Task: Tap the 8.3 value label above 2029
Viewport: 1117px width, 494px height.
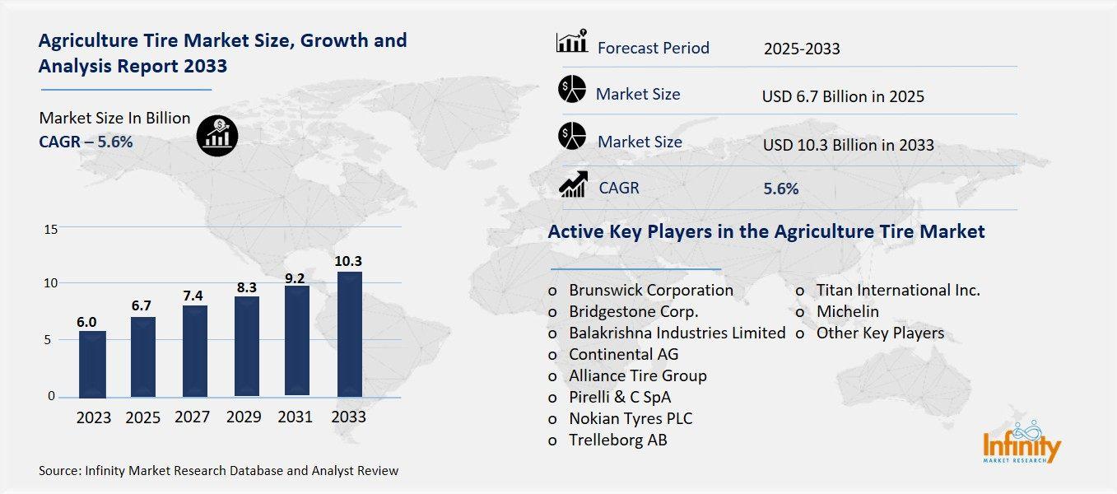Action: click(246, 287)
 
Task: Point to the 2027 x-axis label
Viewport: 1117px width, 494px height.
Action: click(192, 417)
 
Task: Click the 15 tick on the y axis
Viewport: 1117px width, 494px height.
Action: click(50, 229)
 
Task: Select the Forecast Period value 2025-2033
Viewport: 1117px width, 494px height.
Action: click(801, 49)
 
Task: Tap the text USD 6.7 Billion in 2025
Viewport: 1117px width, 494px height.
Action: click(843, 96)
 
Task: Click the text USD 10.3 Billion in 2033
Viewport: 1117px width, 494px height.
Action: click(848, 145)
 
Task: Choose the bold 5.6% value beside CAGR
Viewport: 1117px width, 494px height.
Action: click(780, 189)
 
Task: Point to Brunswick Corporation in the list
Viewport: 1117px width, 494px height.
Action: click(650, 290)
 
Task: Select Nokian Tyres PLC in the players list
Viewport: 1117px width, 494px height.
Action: click(631, 418)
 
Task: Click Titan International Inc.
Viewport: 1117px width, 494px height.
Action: click(898, 290)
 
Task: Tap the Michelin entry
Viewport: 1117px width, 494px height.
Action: click(847, 311)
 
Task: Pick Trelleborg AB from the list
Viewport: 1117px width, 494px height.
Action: click(617, 440)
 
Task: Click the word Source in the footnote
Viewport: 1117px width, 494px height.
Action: click(58, 471)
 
